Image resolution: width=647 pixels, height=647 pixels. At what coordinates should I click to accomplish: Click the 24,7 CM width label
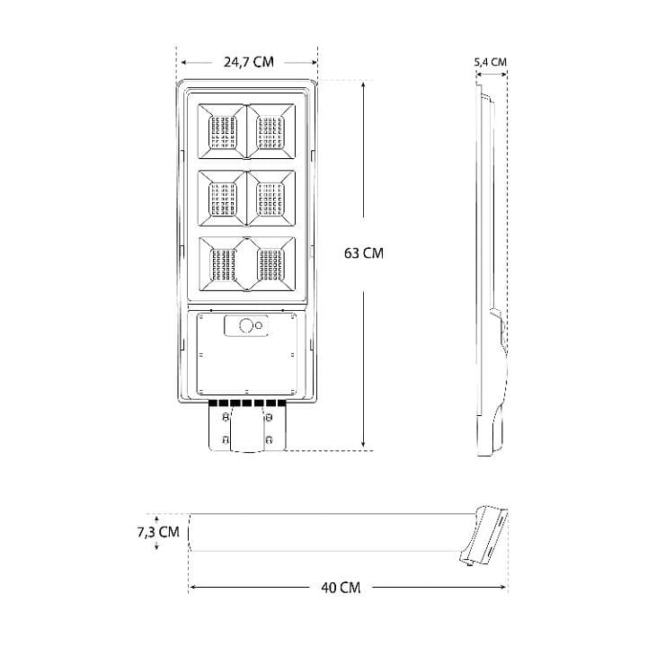point(248,62)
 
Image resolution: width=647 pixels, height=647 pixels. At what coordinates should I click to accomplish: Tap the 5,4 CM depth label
point(490,62)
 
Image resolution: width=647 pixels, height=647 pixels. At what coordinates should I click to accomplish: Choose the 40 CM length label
point(341,588)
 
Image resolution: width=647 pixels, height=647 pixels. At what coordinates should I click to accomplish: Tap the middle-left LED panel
point(221,196)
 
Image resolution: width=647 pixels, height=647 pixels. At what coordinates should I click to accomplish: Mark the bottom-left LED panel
point(221,264)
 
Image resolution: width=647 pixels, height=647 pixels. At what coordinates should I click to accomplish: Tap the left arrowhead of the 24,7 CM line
point(183,62)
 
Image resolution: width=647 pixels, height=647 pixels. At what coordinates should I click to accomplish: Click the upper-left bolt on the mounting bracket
point(222,416)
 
